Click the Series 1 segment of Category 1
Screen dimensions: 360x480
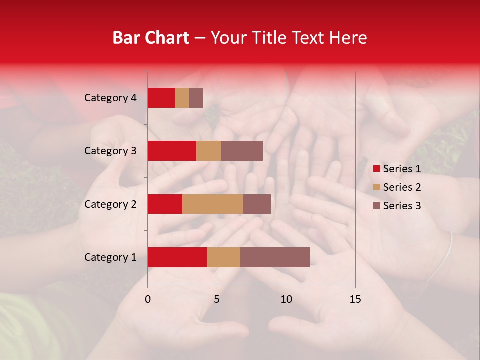[177, 257]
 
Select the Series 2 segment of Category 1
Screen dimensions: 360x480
[224, 257]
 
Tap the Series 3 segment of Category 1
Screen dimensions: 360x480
[275, 257]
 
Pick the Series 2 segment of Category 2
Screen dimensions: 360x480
[213, 204]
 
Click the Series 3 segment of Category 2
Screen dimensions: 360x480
[257, 204]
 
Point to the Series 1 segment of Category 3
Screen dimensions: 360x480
[172, 151]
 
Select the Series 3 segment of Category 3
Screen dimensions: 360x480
[242, 151]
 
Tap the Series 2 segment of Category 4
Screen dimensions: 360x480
[182, 98]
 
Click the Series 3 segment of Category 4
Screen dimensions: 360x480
[196, 98]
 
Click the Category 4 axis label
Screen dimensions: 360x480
[110, 98]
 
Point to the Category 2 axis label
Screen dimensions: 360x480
[110, 204]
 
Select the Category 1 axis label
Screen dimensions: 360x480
[110, 257]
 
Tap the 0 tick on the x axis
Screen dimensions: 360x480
[148, 299]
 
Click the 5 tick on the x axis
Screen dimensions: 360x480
[217, 299]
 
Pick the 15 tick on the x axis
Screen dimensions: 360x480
[355, 299]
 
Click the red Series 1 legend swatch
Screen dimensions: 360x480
[376, 169]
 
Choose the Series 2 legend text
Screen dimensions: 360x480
[402, 187]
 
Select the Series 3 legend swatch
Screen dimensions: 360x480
[376, 206]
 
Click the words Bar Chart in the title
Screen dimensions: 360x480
[150, 38]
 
